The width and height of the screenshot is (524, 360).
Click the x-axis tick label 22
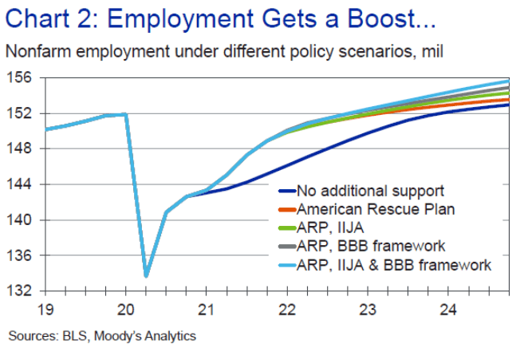pos(287,308)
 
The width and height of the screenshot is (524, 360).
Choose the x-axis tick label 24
pos(449,308)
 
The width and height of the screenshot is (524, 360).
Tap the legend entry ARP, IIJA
pos(327,227)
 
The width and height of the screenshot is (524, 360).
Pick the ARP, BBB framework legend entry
pos(371,246)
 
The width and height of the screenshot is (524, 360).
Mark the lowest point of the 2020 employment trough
pos(146,276)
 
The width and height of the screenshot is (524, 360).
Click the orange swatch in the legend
pos(286,210)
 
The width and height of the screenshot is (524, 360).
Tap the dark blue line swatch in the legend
pos(286,192)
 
